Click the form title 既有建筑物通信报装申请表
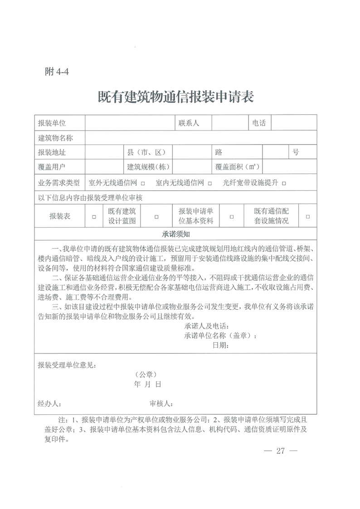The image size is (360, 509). point(175,97)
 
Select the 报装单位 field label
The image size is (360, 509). point(52,123)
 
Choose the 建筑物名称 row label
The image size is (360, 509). point(56,138)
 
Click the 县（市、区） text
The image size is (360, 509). point(148,152)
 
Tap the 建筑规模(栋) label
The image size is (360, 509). point(148,167)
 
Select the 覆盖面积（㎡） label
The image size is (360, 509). point(237,167)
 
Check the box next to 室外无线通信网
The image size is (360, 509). point(143,184)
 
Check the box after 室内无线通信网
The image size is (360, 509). point(210,184)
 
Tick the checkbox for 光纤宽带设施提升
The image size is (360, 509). point(284,184)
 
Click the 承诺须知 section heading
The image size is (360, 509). point(175,234)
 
